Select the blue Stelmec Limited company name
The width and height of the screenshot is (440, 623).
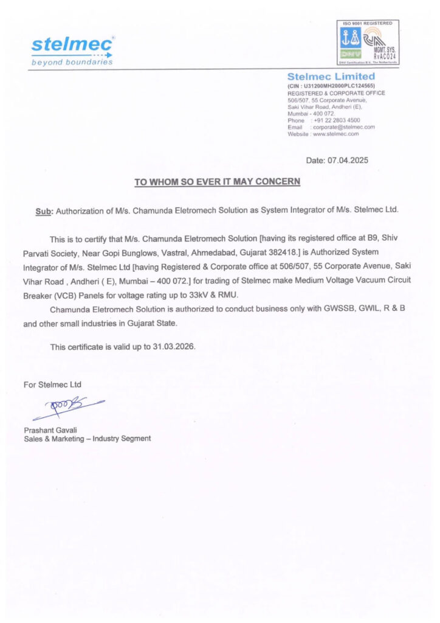point(331,77)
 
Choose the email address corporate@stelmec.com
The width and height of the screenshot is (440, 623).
point(343,127)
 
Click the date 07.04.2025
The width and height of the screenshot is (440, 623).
point(348,161)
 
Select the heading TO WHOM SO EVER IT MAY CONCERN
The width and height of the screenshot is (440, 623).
point(217,182)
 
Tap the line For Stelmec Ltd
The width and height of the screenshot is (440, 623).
point(52,385)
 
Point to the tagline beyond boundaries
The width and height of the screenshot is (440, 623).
point(72,62)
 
